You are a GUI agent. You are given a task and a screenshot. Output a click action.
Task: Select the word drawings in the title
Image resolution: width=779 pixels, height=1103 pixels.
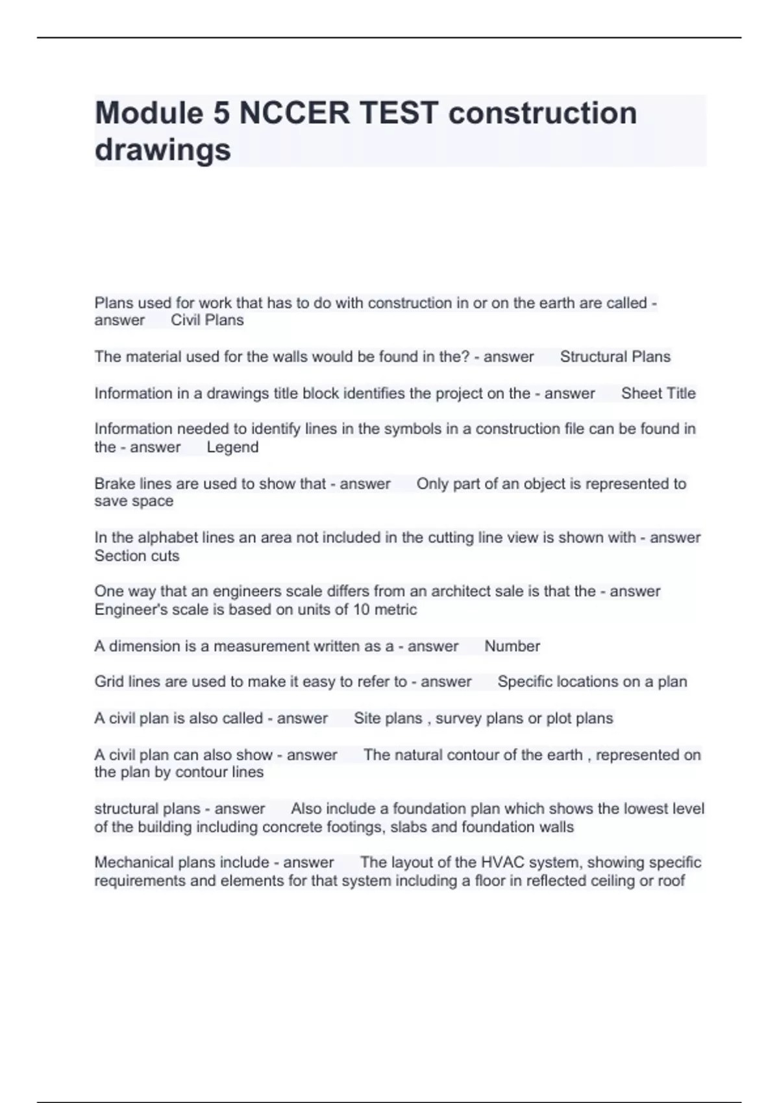click(x=162, y=150)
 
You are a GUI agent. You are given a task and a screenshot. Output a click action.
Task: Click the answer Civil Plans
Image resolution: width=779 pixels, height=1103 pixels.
click(x=207, y=321)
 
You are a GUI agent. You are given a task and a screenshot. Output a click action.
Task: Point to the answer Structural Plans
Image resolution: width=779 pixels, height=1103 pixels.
click(x=615, y=357)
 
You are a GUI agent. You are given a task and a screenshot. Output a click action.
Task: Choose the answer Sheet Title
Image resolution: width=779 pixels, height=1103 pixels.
click(x=658, y=393)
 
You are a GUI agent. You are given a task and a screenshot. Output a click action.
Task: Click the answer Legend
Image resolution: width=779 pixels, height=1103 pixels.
click(x=232, y=448)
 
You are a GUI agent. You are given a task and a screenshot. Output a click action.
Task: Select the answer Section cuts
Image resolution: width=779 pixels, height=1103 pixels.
click(x=136, y=556)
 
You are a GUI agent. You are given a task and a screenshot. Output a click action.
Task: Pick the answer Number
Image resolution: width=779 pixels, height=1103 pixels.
click(x=512, y=646)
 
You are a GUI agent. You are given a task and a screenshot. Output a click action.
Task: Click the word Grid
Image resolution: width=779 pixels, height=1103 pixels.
click(x=108, y=682)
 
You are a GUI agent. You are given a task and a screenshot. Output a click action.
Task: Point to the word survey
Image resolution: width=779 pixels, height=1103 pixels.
click(x=458, y=719)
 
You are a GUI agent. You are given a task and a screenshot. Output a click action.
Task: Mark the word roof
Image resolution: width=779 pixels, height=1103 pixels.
click(x=670, y=881)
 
